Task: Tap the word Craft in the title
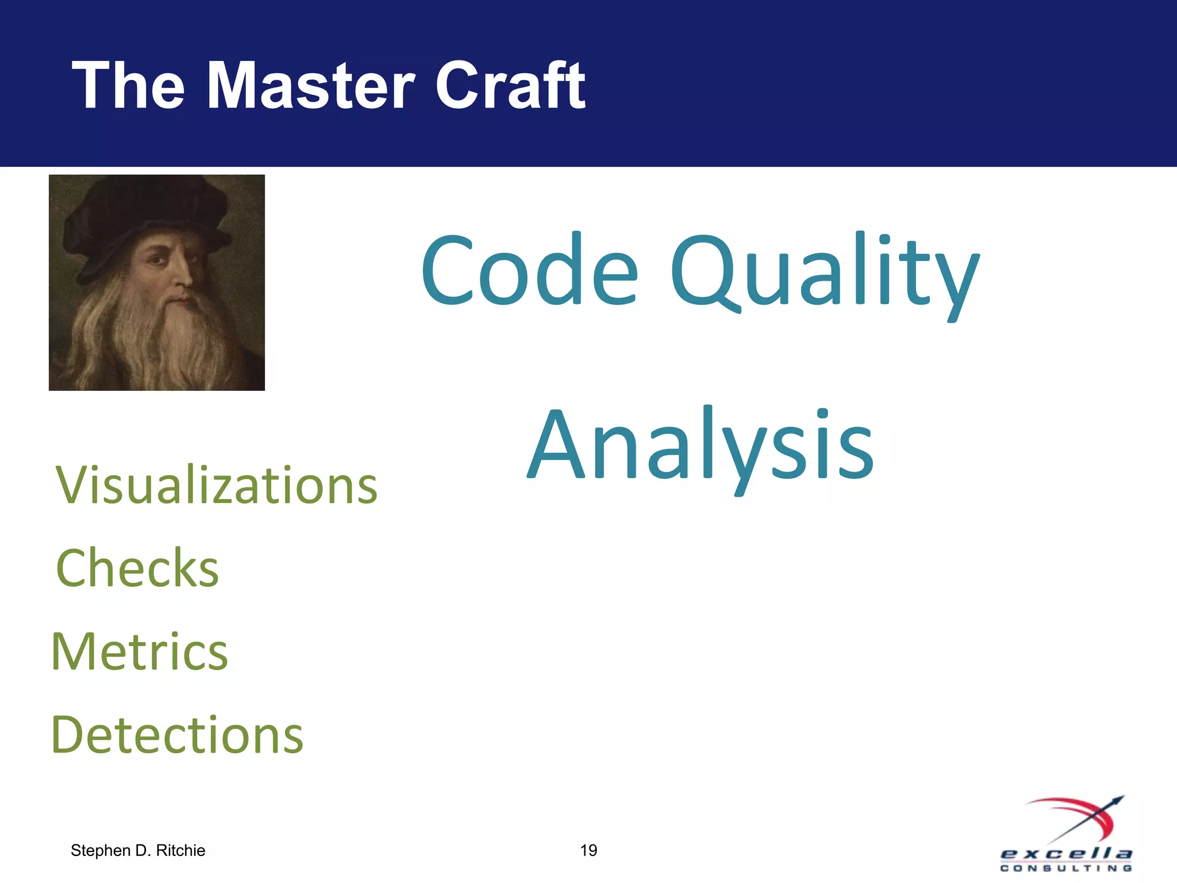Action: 510,86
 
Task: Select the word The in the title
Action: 128,86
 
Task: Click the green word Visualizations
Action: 217,486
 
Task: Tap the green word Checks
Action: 137,569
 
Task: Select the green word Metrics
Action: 140,652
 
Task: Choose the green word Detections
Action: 177,735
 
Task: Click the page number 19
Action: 588,850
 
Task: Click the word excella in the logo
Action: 1066,853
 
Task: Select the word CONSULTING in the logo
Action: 1066,868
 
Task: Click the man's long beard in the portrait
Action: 167,345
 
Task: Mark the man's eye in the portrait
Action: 157,260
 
